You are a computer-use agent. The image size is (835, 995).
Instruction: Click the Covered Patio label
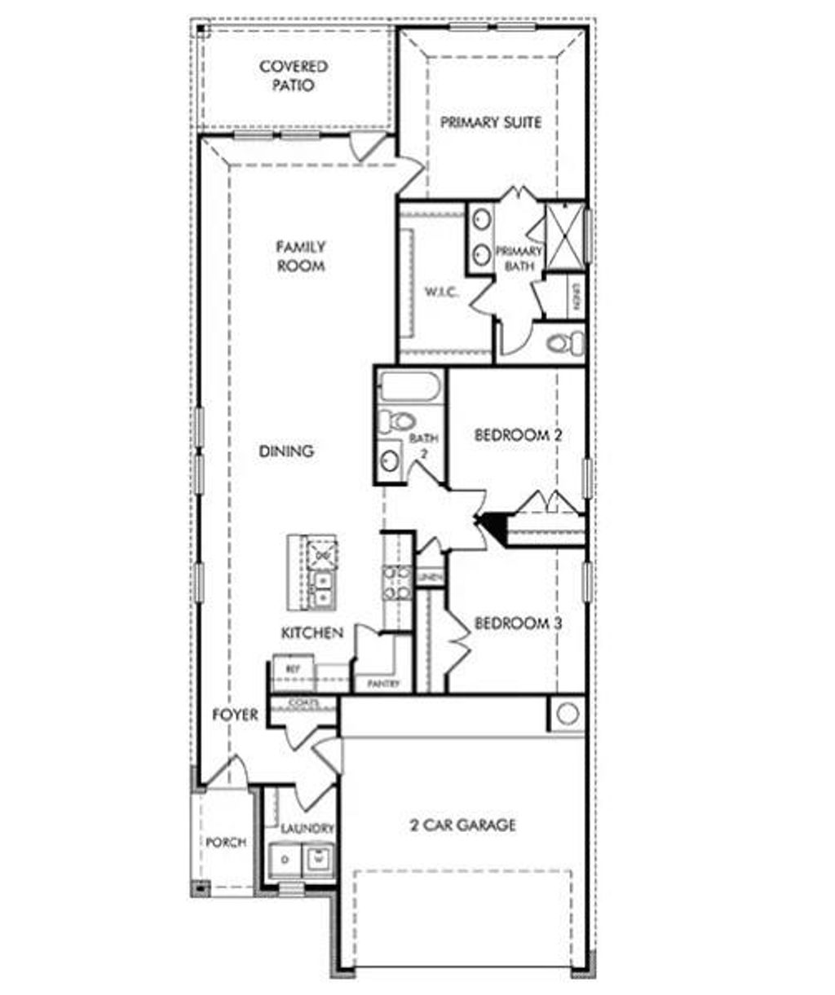[x=294, y=76]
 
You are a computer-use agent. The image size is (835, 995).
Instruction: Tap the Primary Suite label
[x=491, y=122]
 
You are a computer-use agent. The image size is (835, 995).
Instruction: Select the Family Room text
[x=300, y=256]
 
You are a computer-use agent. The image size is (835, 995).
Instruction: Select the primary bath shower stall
[x=564, y=235]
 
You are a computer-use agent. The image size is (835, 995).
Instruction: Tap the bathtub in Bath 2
[x=411, y=385]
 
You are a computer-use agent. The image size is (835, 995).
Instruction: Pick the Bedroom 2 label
[x=518, y=435]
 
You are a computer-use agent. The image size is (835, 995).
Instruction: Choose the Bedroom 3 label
[x=518, y=623]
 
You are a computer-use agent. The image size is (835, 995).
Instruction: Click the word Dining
[x=286, y=451]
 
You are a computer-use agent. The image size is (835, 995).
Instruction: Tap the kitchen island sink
[x=322, y=588]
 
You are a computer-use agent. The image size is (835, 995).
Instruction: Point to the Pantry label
[x=382, y=684]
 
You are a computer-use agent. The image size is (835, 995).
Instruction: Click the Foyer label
[x=235, y=715]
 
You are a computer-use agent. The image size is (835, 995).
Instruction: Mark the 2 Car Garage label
[x=462, y=825]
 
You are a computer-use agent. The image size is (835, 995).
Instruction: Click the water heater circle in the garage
[x=568, y=714]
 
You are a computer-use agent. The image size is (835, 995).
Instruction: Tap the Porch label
[x=226, y=842]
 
